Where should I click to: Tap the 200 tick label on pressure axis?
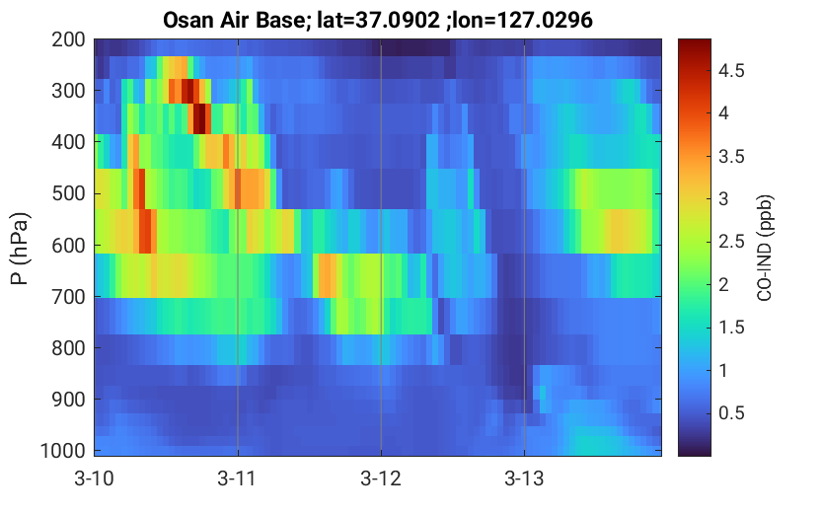(68, 39)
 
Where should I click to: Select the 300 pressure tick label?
(68, 91)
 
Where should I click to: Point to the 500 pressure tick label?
(68, 193)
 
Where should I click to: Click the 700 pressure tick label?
(68, 297)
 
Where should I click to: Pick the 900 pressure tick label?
(68, 400)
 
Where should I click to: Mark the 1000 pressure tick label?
(63, 451)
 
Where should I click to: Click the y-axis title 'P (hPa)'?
(20, 249)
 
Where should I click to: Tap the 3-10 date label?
(95, 478)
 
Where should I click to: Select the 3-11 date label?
(238, 478)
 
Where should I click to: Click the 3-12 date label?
(381, 478)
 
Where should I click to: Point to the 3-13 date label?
(524, 478)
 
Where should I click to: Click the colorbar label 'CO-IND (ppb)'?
(765, 248)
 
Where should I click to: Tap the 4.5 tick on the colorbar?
(731, 70)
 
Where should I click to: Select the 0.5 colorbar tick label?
(731, 412)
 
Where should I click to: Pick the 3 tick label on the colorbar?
(723, 198)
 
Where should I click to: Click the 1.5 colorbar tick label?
(731, 327)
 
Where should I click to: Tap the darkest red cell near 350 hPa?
(199, 119)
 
